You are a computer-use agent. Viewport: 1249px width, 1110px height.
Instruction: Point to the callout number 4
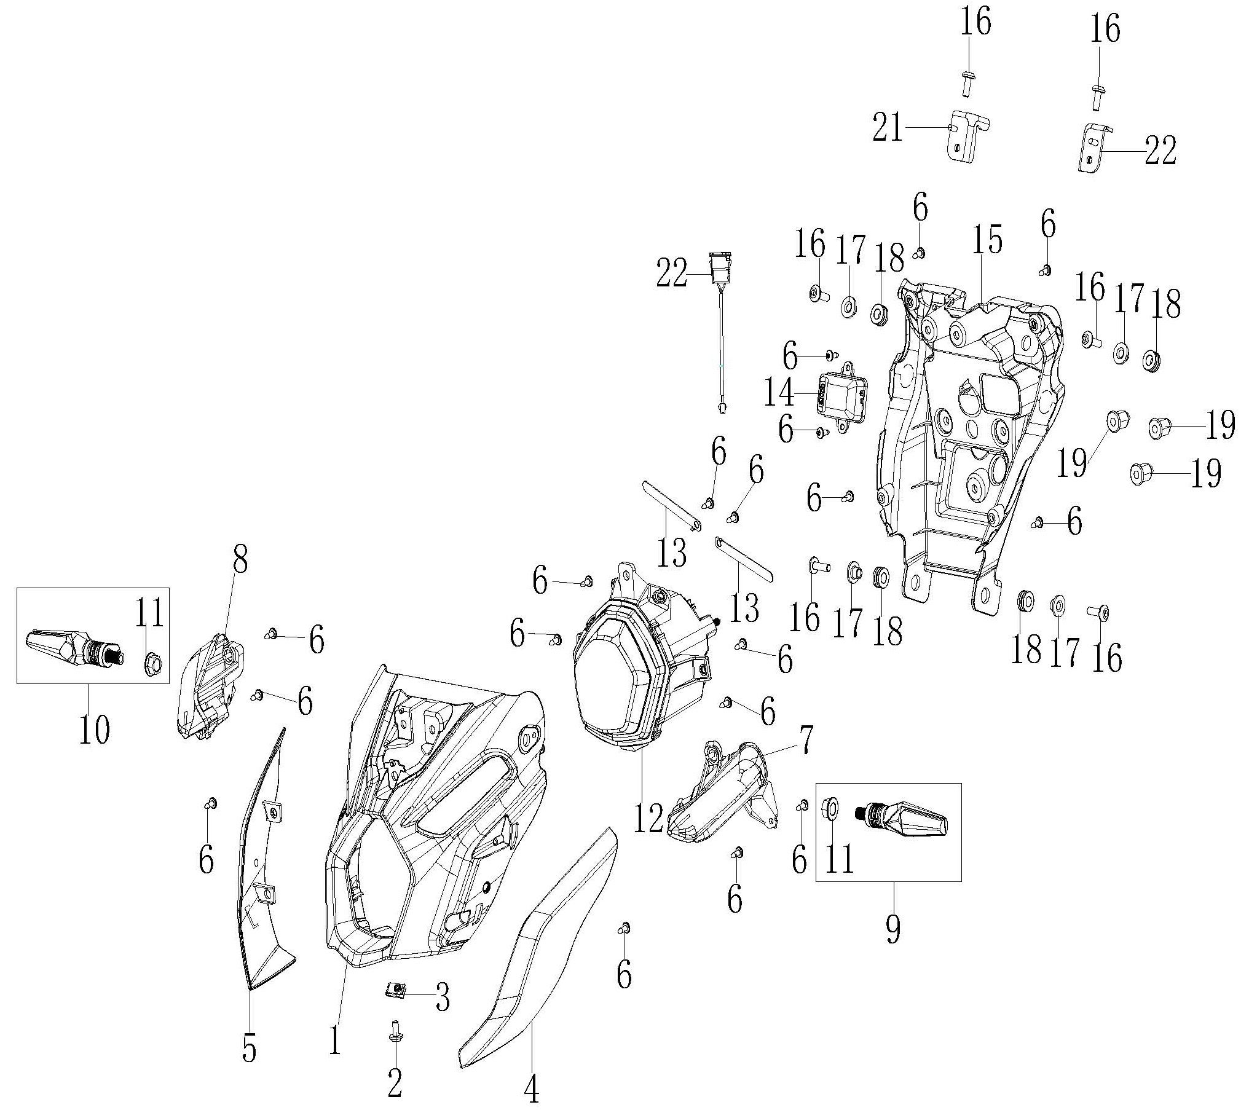coord(531,1086)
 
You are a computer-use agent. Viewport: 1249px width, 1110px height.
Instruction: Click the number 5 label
coord(249,1047)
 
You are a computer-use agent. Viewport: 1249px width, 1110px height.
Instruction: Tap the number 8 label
coord(239,560)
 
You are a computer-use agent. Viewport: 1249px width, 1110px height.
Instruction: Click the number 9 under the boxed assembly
coord(893,927)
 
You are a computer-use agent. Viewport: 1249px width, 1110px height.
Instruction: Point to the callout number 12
coord(648,818)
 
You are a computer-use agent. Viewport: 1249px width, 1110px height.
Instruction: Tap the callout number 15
coord(987,239)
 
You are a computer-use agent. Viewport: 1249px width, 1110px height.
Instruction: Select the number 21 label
coord(888,128)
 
